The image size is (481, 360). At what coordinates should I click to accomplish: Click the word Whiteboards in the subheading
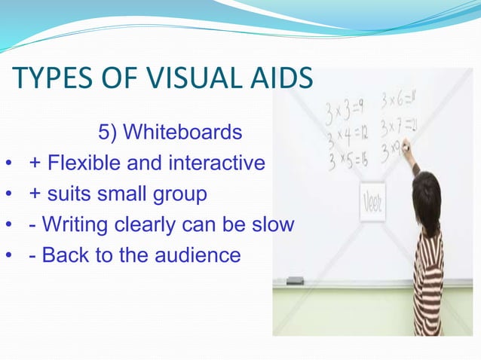(x=184, y=133)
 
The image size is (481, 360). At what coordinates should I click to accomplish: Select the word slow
(x=269, y=224)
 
